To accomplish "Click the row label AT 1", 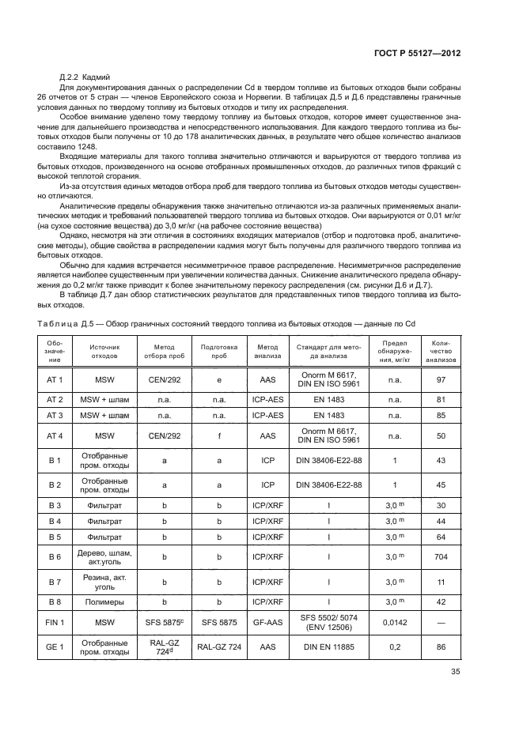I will tap(55, 379).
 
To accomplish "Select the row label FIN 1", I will tap(55, 623).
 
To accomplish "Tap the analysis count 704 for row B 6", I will tap(442, 556).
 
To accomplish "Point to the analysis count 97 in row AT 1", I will tap(442, 379).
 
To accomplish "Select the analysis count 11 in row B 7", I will tap(442, 582).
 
